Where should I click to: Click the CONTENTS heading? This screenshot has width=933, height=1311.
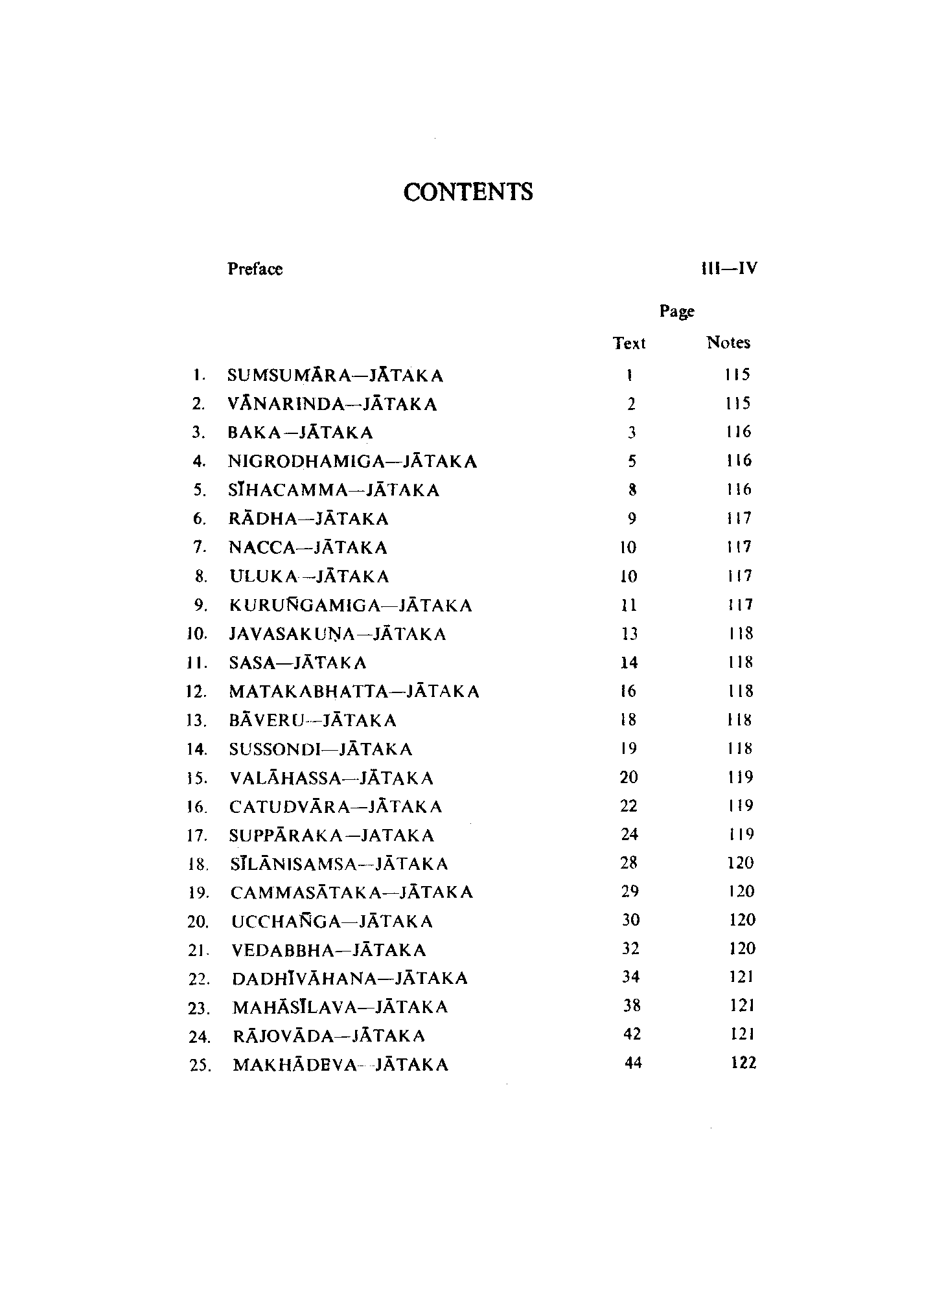(x=468, y=192)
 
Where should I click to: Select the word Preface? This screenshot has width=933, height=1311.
(x=255, y=269)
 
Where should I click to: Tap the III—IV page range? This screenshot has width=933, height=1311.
(x=729, y=268)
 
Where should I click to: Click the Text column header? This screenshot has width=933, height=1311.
(x=629, y=343)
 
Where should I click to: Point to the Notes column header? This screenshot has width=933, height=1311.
(x=728, y=343)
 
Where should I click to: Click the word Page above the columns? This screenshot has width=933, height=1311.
(x=677, y=312)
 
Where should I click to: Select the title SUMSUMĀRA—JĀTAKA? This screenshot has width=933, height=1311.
(x=336, y=376)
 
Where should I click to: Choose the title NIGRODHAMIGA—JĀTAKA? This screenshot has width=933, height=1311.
(x=353, y=462)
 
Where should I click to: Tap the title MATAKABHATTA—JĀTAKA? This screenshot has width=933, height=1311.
(x=354, y=692)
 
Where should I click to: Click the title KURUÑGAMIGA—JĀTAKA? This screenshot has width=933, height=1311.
(x=351, y=606)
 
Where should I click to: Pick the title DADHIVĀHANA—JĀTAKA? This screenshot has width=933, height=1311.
(x=350, y=978)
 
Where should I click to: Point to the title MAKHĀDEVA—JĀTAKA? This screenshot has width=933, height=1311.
(x=340, y=1065)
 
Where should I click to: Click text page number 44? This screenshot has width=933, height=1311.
(x=632, y=1062)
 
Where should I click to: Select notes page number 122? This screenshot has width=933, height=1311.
(x=743, y=1062)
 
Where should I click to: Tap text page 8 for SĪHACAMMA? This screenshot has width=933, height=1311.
(x=632, y=490)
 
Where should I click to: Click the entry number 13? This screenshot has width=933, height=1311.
(x=196, y=721)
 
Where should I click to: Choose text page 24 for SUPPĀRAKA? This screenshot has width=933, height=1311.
(x=630, y=834)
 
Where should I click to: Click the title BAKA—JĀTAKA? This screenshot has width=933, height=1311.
(x=301, y=433)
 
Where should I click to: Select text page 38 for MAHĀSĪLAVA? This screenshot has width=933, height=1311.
(x=632, y=1005)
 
